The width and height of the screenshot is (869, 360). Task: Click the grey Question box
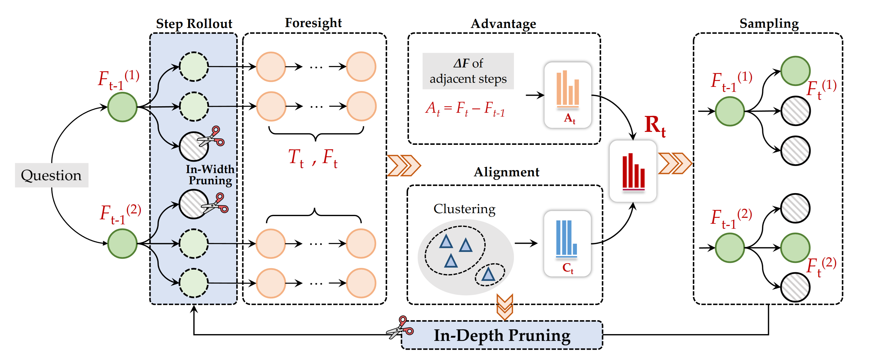[x=51, y=175]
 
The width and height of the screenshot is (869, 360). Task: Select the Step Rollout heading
[x=194, y=24]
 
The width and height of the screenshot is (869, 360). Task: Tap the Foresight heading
[x=313, y=23]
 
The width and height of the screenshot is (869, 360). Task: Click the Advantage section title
[x=503, y=24]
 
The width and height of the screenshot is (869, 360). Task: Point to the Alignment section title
[x=506, y=172]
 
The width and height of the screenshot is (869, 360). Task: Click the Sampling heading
[x=769, y=23]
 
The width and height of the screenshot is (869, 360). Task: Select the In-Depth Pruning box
[x=502, y=335]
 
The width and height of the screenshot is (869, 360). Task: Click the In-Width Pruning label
[x=210, y=175]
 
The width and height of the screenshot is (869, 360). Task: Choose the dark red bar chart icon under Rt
[x=633, y=171]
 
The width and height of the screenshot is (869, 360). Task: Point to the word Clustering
[x=464, y=209]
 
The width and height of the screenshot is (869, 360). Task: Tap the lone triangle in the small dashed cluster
[x=488, y=274]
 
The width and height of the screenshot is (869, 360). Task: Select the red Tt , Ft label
[x=313, y=157]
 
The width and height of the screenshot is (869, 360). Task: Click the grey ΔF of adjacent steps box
[x=468, y=71]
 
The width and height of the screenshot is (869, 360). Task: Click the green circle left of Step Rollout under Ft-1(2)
[x=122, y=243]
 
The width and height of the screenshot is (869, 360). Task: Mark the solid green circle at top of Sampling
[x=795, y=71]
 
